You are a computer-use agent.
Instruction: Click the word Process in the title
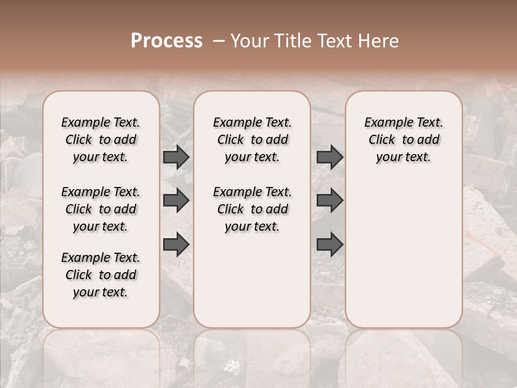point(166,41)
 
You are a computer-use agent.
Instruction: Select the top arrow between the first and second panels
point(176,157)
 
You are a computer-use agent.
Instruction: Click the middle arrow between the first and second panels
point(176,200)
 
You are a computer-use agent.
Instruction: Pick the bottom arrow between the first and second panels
point(176,245)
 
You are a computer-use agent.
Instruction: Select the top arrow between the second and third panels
point(330,157)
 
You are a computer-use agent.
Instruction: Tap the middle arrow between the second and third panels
point(330,200)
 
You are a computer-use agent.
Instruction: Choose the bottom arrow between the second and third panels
point(330,245)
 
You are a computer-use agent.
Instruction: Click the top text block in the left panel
point(101,140)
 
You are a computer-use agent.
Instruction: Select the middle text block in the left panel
point(101,209)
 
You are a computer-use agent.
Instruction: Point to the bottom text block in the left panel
point(101,275)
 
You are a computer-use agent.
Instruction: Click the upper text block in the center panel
point(252,140)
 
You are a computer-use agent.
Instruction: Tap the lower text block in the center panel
point(252,209)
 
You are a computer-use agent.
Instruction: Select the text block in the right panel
point(404,140)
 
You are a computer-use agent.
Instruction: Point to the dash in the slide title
point(219,41)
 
